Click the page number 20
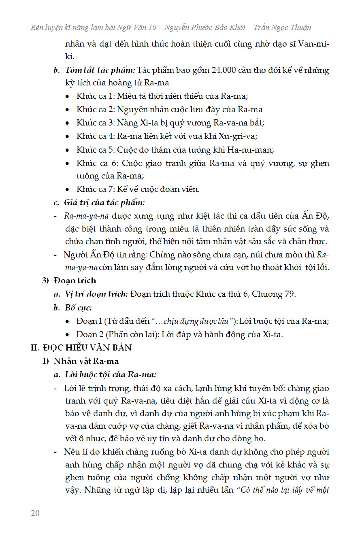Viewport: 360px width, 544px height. click(x=35, y=513)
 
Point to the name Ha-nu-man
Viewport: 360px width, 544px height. click(x=255, y=150)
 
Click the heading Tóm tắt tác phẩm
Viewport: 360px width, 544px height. click(x=100, y=70)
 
